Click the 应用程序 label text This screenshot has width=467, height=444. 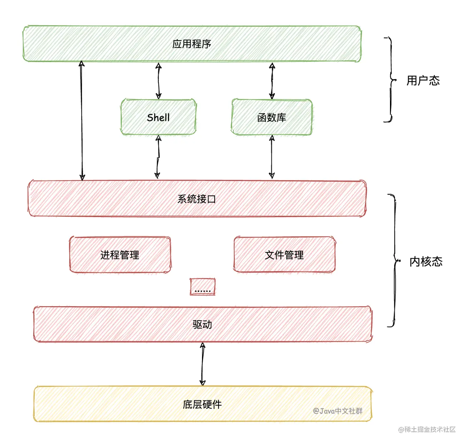point(192,44)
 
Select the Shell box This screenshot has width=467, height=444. point(158,117)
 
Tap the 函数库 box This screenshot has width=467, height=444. point(271,117)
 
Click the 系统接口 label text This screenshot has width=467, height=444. point(197,199)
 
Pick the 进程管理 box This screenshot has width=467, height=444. point(120,255)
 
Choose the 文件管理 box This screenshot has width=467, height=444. point(284,255)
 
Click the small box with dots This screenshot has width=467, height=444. point(202,287)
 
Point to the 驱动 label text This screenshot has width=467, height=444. point(202,324)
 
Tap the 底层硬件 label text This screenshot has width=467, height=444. point(202,404)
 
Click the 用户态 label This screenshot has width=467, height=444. point(423,80)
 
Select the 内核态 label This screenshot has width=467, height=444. point(426,261)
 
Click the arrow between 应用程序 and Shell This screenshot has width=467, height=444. point(158,81)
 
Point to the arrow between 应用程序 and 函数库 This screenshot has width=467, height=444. point(272,81)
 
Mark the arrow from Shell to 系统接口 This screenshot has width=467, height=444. point(158,157)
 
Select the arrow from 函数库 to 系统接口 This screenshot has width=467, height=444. point(272,157)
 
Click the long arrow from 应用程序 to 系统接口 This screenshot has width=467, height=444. point(82,121)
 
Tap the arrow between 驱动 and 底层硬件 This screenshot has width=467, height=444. point(202,364)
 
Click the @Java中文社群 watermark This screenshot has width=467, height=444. point(338,411)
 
